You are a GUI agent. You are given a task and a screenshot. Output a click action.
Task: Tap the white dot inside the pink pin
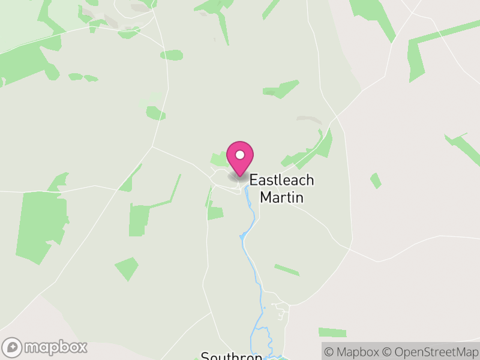click(240, 155)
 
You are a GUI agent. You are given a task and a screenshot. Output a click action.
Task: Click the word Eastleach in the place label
click(281, 180)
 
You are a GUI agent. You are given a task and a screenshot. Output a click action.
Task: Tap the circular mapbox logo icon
click(13, 347)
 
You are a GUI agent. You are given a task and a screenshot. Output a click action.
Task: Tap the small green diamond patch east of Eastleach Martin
click(376, 180)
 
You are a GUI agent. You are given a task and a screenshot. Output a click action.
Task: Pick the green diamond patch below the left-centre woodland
click(127, 269)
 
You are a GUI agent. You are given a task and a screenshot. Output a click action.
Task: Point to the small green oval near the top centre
click(172, 55)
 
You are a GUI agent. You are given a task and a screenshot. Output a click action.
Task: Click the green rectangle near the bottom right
click(332, 332)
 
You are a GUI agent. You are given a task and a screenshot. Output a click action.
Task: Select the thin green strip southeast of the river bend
click(287, 270)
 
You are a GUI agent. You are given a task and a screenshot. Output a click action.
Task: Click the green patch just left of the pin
click(219, 160)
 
